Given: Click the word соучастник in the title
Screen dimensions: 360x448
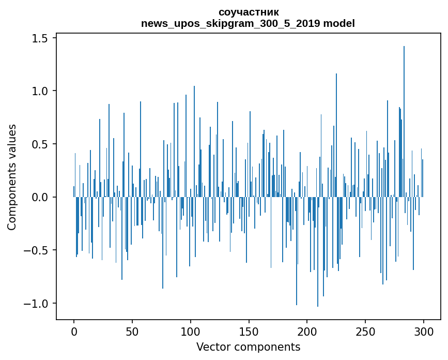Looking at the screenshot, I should click(x=248, y=12).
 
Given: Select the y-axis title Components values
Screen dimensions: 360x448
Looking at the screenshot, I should click(x=12, y=177).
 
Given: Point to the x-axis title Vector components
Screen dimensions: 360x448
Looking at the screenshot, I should click(x=248, y=347).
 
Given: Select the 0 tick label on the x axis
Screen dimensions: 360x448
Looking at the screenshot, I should click(x=74, y=332).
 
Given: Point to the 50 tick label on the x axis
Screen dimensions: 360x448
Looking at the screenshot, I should click(x=132, y=332).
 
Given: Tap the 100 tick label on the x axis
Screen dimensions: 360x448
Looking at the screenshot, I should click(x=191, y=332).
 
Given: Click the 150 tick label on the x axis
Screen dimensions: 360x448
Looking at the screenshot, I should click(x=249, y=332).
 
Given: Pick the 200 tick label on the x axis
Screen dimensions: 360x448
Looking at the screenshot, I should click(x=307, y=332).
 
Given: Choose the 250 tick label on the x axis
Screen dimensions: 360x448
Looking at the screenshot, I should click(x=365, y=332).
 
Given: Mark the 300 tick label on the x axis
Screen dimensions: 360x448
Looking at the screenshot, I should click(x=424, y=332).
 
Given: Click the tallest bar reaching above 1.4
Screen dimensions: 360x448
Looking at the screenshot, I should click(x=404, y=103).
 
